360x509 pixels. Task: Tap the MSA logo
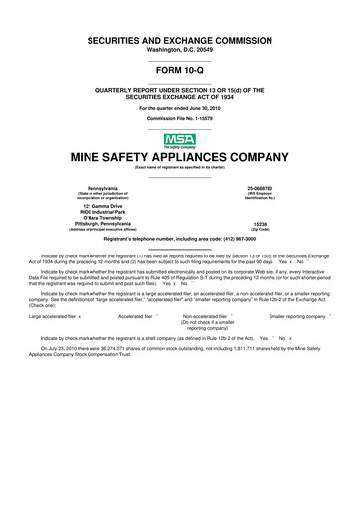pos(179,140)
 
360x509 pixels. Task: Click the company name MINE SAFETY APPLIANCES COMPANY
pos(179,157)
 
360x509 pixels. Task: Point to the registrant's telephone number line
pos(179,241)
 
